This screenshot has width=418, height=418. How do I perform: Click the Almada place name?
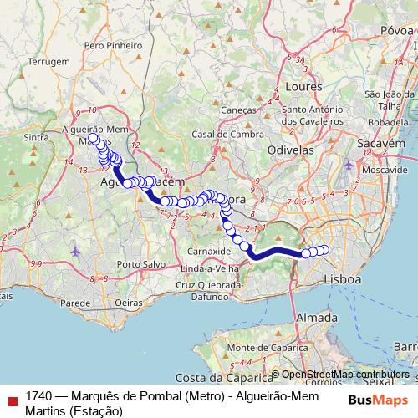pos(317,318)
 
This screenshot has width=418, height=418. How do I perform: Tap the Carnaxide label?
pos(209,250)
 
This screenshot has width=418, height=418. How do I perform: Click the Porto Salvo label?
pos(140,265)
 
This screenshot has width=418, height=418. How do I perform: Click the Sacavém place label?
pos(383,144)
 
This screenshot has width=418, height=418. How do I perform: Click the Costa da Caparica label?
pos(225,378)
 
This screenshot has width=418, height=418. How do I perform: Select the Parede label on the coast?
pos(74,303)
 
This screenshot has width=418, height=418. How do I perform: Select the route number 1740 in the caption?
pos(38,395)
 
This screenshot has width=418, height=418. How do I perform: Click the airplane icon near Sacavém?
pos(349,164)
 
